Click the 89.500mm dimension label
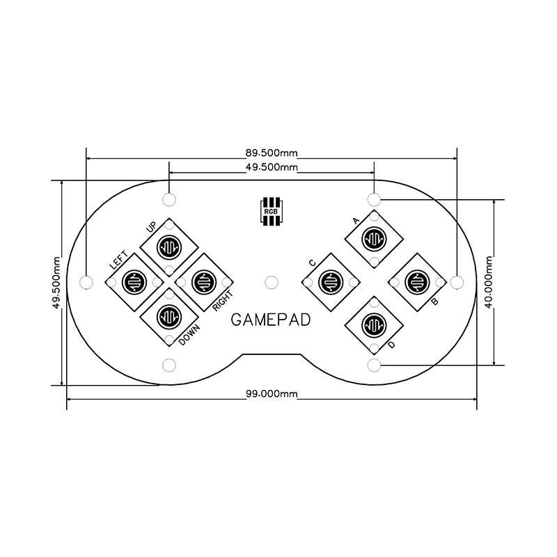(272, 153)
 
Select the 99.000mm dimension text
(272, 393)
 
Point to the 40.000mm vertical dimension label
(489, 282)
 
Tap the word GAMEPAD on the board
(271, 320)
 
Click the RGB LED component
(272, 211)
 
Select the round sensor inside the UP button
(169, 246)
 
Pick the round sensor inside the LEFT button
(134, 282)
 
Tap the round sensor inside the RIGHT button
(204, 282)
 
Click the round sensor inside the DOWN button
(169, 317)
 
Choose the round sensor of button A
(374, 239)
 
